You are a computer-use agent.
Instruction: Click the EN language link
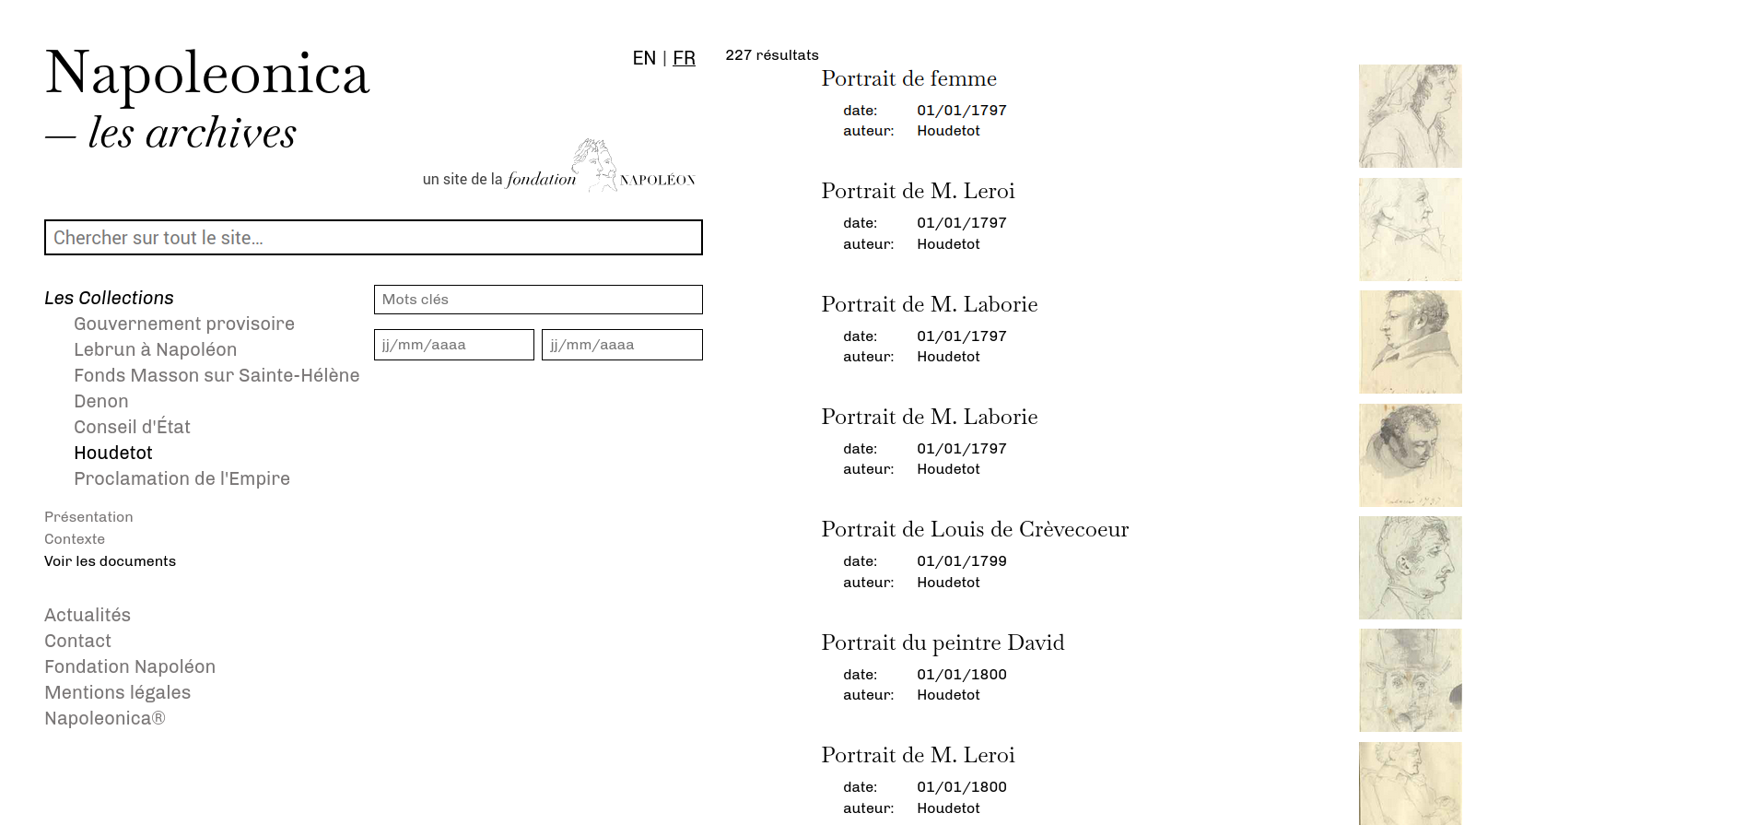click(644, 58)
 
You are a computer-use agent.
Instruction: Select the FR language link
click(684, 58)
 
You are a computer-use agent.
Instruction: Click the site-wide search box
click(373, 238)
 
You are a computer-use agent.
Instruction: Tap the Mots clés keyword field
click(538, 300)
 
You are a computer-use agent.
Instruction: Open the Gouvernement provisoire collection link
click(184, 324)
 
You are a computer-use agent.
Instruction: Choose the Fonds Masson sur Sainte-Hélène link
click(217, 375)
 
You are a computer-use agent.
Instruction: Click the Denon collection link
click(101, 401)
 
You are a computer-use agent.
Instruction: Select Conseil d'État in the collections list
click(132, 427)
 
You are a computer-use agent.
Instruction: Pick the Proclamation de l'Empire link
click(182, 478)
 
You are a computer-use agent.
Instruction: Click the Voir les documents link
click(110, 561)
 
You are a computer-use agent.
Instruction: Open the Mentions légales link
click(117, 692)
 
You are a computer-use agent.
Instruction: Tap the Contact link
click(77, 641)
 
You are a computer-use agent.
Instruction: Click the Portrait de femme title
click(908, 79)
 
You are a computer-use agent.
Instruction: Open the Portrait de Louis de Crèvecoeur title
click(975, 530)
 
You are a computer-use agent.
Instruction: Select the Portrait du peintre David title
click(943, 643)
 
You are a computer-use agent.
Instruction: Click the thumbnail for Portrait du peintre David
click(1410, 680)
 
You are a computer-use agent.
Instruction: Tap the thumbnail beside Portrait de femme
click(1410, 116)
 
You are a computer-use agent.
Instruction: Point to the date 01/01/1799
click(961, 561)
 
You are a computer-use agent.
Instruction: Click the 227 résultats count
click(771, 55)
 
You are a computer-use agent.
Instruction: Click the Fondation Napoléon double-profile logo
click(594, 164)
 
